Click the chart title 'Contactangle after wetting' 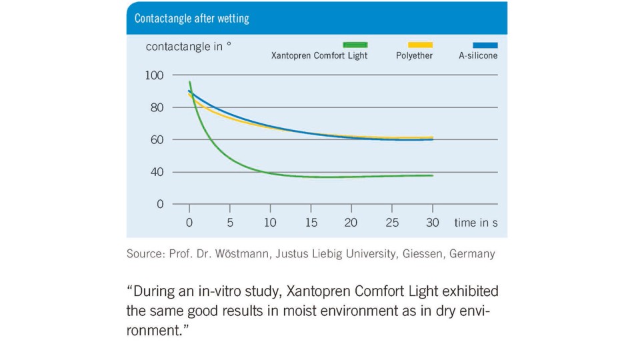[x=191, y=19]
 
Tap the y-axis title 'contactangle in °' [x=189, y=47]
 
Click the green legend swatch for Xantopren [x=355, y=45]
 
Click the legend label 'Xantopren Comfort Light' [x=319, y=56]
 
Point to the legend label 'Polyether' [x=414, y=56]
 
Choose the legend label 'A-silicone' [x=478, y=56]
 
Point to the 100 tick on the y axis [x=154, y=75]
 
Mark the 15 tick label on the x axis [x=311, y=223]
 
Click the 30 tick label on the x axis [x=433, y=223]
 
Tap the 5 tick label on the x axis [x=230, y=223]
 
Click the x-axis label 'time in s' [x=476, y=223]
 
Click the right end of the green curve [x=433, y=175]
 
